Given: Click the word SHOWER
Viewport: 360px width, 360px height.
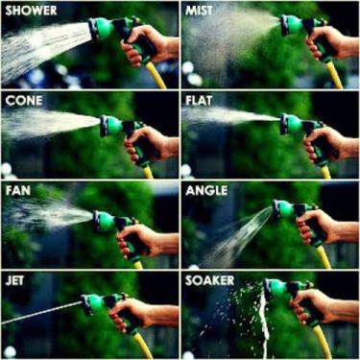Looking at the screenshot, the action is point(31,11).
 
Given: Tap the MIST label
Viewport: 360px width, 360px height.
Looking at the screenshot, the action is point(199,11).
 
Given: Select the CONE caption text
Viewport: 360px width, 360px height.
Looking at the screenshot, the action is point(24,101).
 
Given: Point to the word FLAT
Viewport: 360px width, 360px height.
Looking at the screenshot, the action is point(199,101).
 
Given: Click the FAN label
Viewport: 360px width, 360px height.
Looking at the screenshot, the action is point(18,191).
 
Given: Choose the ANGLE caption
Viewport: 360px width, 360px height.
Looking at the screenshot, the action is point(206,191).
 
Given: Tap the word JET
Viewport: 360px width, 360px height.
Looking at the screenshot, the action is point(14,281).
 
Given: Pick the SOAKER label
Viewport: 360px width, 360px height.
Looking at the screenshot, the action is point(210,281).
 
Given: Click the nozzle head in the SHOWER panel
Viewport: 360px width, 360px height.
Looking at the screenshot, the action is point(101,29).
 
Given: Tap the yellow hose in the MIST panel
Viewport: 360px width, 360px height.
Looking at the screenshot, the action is point(334,75).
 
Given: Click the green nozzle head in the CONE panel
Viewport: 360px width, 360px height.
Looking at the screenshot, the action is point(110,126).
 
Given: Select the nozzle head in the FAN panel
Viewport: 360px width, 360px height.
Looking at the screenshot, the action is point(104,221).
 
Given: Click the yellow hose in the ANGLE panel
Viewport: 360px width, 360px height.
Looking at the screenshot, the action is point(324,256).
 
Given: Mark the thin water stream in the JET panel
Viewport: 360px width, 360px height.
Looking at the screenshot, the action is point(41,312).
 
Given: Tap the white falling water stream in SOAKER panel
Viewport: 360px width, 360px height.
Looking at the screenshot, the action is point(265,324).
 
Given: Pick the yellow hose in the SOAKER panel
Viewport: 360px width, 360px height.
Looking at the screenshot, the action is point(322,342).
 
